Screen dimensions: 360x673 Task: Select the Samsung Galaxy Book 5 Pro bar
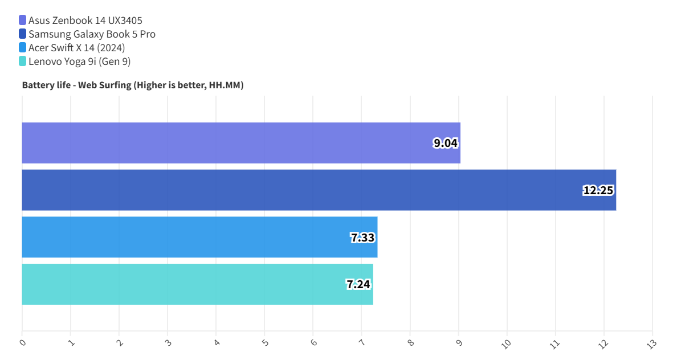pyautogui.click(x=319, y=190)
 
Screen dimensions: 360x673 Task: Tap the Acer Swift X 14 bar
pyautogui.click(x=199, y=237)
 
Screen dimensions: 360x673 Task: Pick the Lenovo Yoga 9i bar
pyautogui.click(x=197, y=284)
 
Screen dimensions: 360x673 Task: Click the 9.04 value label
pyautogui.click(x=446, y=143)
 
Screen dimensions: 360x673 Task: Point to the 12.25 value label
pyautogui.click(x=598, y=190)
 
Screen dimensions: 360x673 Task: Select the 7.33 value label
pyautogui.click(x=362, y=238)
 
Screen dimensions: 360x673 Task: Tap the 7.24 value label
pyautogui.click(x=358, y=284)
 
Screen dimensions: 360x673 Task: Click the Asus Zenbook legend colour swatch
pyautogui.click(x=23, y=21)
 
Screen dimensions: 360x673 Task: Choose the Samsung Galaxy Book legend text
pyautogui.click(x=92, y=34)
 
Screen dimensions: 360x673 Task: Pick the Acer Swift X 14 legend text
pyautogui.click(x=76, y=48)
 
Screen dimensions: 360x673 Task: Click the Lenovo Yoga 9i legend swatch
pyautogui.click(x=23, y=62)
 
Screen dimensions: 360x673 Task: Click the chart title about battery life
pyautogui.click(x=133, y=85)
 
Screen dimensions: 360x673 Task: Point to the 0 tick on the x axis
pyautogui.click(x=23, y=343)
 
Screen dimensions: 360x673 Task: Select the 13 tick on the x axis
pyautogui.click(x=652, y=344)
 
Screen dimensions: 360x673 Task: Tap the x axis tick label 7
pyautogui.click(x=362, y=343)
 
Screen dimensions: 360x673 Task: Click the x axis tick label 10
pyautogui.click(x=507, y=344)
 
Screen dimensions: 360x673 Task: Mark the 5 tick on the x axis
pyautogui.click(x=265, y=343)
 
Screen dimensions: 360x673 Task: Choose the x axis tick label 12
pyautogui.click(x=603, y=344)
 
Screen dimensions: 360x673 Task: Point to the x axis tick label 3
pyautogui.click(x=168, y=343)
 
